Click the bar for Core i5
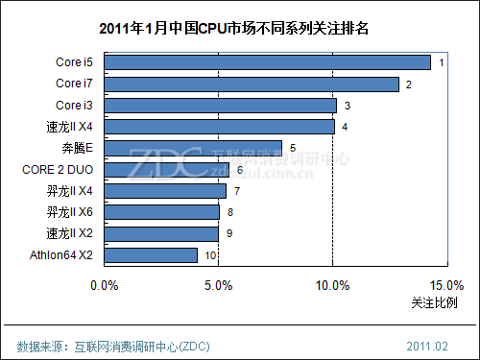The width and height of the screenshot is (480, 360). (x=267, y=62)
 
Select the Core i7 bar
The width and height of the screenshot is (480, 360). (x=251, y=84)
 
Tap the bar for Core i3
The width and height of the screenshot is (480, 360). (x=220, y=106)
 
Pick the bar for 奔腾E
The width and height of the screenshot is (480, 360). (x=193, y=148)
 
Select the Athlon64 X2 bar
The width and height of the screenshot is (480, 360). (x=151, y=255)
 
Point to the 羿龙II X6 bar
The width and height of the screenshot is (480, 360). (x=161, y=212)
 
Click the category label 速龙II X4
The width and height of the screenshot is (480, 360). (x=69, y=127)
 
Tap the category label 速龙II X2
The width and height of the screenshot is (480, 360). (x=69, y=233)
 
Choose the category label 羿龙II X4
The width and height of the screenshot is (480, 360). (x=69, y=191)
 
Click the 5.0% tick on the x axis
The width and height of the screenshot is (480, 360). (x=218, y=285)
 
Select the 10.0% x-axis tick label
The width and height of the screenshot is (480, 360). (x=332, y=285)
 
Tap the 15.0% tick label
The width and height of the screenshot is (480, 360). (x=446, y=285)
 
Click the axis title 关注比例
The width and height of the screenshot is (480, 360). (x=434, y=303)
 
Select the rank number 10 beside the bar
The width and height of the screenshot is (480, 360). (x=210, y=255)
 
